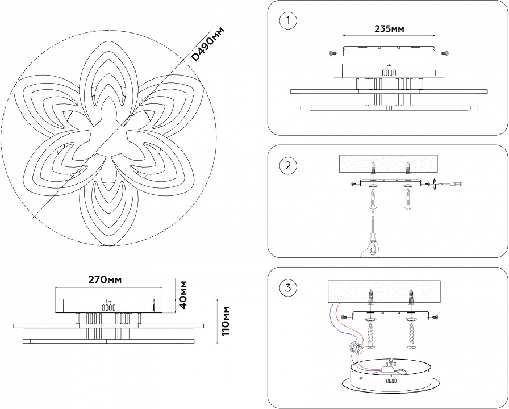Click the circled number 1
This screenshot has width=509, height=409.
pos(289,22)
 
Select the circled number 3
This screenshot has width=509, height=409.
pos(289,288)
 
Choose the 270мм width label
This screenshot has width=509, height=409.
pos(106,279)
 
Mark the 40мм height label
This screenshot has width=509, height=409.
pos(183,294)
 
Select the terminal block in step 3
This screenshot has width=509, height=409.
pos(356,348)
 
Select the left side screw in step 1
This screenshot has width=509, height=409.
pos(333,53)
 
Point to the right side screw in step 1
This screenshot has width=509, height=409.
pos(446,53)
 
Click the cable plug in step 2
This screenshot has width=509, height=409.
pos(457,185)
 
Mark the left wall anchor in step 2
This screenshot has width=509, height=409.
pos(373,169)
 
